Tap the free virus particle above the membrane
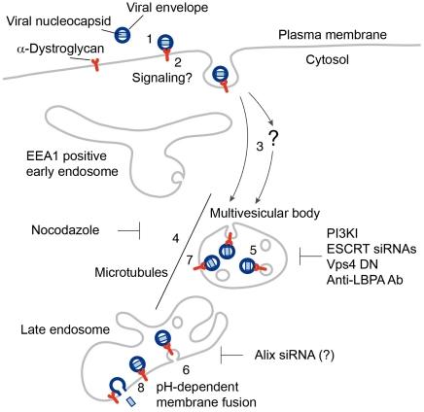pos(123,34)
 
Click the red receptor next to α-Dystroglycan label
pos(97,64)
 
